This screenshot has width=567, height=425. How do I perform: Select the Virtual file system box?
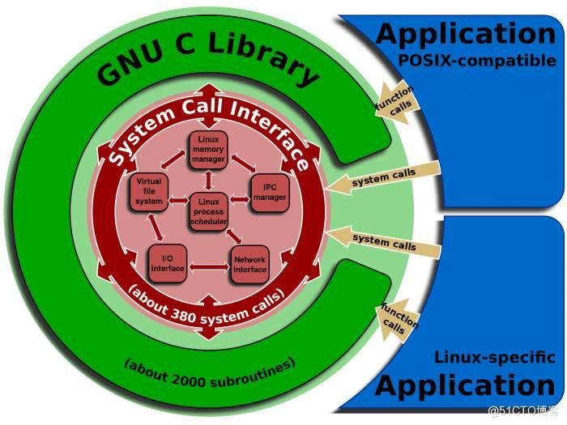tap(150, 191)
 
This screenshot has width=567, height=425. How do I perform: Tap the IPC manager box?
tap(270, 192)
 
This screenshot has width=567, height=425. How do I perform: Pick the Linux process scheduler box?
tap(209, 210)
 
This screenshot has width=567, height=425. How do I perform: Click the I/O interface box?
tap(167, 262)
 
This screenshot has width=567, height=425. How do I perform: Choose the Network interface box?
tap(249, 265)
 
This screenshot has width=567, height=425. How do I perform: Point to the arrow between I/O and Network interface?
tap(208, 264)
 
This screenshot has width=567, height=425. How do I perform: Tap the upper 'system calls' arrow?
tap(386, 176)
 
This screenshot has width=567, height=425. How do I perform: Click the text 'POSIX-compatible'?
tap(476, 61)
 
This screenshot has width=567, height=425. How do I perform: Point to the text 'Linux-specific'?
tap(495, 357)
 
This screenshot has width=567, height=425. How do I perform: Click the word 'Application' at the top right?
tap(466, 34)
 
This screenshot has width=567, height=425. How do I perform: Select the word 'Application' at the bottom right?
tap(466, 385)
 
